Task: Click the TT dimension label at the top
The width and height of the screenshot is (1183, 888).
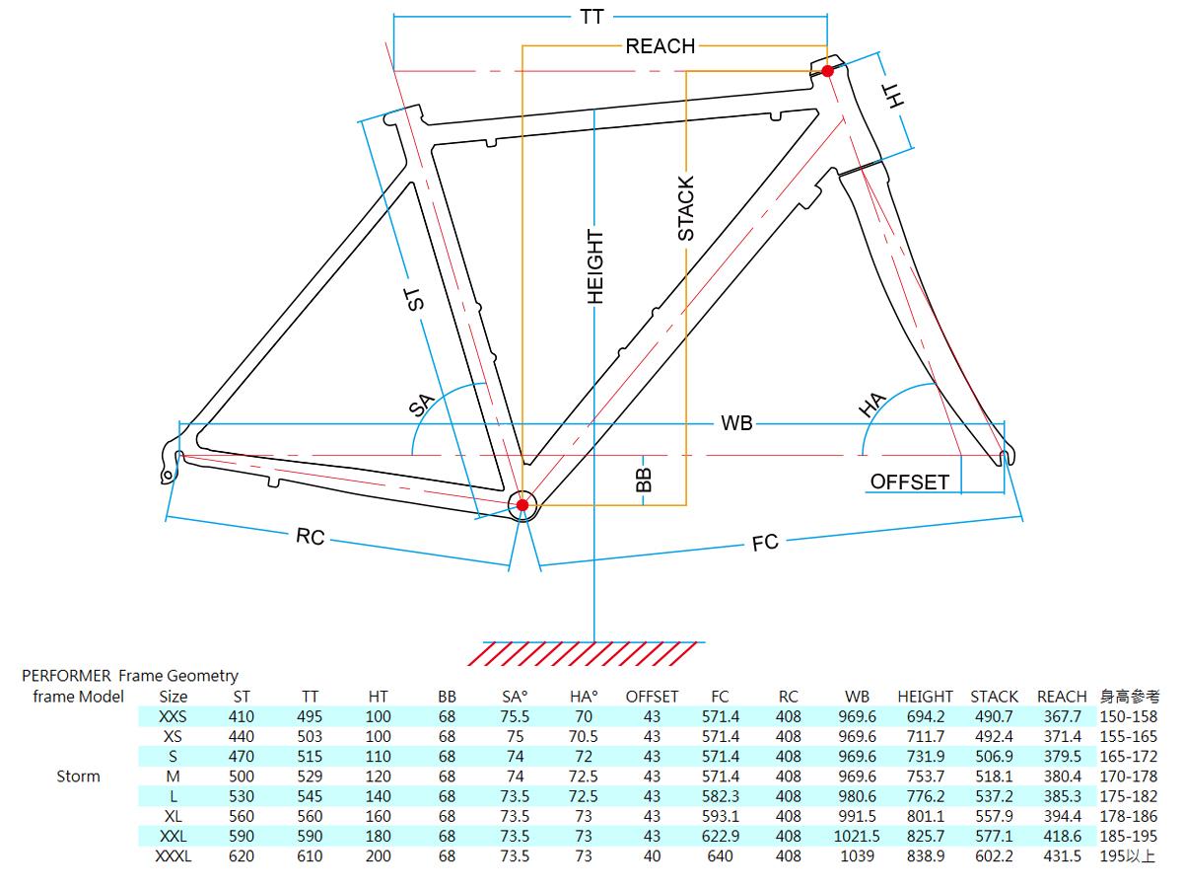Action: click(x=592, y=17)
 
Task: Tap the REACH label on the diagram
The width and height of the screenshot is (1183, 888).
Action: click(x=660, y=45)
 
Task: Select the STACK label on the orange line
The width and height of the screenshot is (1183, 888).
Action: click(x=686, y=208)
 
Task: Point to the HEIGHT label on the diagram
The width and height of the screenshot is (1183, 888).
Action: click(x=594, y=266)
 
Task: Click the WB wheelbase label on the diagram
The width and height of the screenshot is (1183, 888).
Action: click(x=736, y=423)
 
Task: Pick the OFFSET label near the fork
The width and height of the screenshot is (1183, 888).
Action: click(x=909, y=481)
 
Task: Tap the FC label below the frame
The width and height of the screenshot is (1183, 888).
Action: click(x=765, y=542)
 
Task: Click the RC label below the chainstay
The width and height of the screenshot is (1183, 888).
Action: click(x=310, y=537)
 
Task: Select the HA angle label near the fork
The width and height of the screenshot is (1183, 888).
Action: click(x=873, y=406)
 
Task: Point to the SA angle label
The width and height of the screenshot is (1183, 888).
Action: click(x=422, y=404)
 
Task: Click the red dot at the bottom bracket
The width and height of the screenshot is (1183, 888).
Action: click(x=522, y=505)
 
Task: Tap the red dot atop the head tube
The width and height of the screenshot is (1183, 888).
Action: click(x=828, y=71)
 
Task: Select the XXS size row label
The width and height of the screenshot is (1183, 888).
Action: click(x=173, y=716)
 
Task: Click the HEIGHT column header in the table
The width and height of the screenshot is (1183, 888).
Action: click(x=925, y=697)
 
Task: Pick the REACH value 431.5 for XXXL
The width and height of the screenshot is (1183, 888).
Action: click(x=1063, y=856)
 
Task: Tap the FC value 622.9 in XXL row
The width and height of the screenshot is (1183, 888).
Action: click(x=720, y=837)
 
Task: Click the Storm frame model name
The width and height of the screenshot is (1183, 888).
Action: click(x=78, y=777)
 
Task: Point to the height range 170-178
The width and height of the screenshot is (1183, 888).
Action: click(x=1128, y=777)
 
